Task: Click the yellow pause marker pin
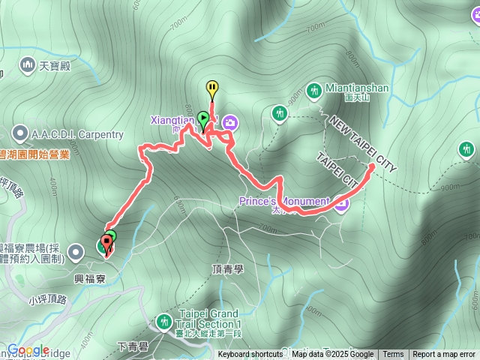(x=212, y=88)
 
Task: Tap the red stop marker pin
(x=104, y=244)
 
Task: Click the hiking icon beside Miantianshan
(x=314, y=90)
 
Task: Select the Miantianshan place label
(x=357, y=88)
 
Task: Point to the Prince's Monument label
(x=284, y=201)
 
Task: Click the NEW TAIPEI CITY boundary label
(x=362, y=144)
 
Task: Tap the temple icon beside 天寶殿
(x=28, y=65)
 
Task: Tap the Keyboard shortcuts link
(x=250, y=355)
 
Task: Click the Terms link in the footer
(x=393, y=355)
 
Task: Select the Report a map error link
(x=444, y=355)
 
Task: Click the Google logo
(x=28, y=349)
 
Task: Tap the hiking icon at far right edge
(x=467, y=150)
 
